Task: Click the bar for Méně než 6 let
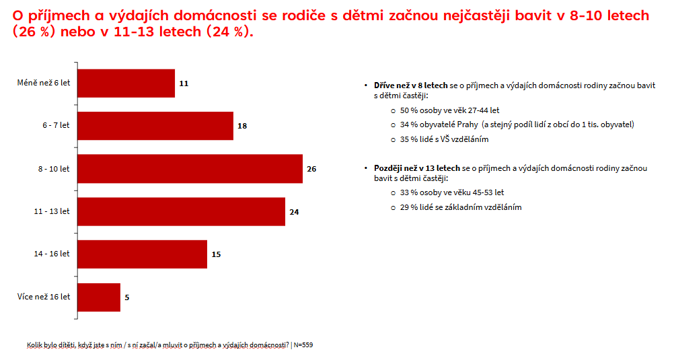pyautogui.click(x=126, y=83)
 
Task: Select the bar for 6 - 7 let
pyautogui.click(x=155, y=126)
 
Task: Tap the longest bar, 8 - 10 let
pyautogui.click(x=190, y=169)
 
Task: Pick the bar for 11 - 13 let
pyautogui.click(x=182, y=211)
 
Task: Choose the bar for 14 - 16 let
pyautogui.click(x=143, y=254)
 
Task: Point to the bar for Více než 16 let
pyautogui.click(x=100, y=297)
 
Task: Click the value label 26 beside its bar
pyautogui.click(x=311, y=169)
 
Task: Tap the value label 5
pyautogui.click(x=127, y=297)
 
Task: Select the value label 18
pyautogui.click(x=242, y=126)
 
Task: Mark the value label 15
pyautogui.click(x=216, y=254)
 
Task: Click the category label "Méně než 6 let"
pyautogui.click(x=43, y=83)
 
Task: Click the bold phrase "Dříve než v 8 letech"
pyautogui.click(x=410, y=85)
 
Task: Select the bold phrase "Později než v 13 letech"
pyautogui.click(x=417, y=168)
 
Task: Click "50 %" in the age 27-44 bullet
pyautogui.click(x=408, y=110)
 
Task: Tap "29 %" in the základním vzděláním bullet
pyautogui.click(x=408, y=207)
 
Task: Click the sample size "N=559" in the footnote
pyautogui.click(x=303, y=345)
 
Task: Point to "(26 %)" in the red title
pyautogui.click(x=32, y=32)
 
